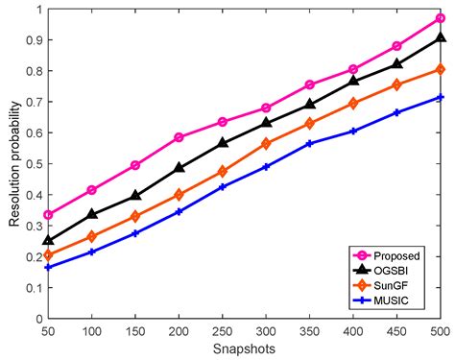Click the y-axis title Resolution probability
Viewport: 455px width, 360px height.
(x=14, y=164)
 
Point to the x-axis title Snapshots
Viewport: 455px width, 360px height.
(x=244, y=349)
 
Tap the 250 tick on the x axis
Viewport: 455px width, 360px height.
(x=223, y=330)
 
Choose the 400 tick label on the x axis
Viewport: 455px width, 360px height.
(x=353, y=330)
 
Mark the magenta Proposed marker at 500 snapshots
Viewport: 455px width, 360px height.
(x=440, y=18)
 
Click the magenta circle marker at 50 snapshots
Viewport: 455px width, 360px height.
(x=49, y=215)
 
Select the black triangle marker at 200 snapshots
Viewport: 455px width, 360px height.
(x=180, y=168)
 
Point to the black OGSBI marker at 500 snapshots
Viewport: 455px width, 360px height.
(x=440, y=37)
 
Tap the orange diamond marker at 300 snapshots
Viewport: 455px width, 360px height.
(x=266, y=144)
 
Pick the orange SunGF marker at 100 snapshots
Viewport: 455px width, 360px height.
(x=92, y=236)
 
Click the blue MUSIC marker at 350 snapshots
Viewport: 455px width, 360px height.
(x=309, y=144)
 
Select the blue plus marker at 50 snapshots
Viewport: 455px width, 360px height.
(x=49, y=267)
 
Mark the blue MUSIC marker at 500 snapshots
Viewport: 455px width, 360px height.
(x=440, y=98)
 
